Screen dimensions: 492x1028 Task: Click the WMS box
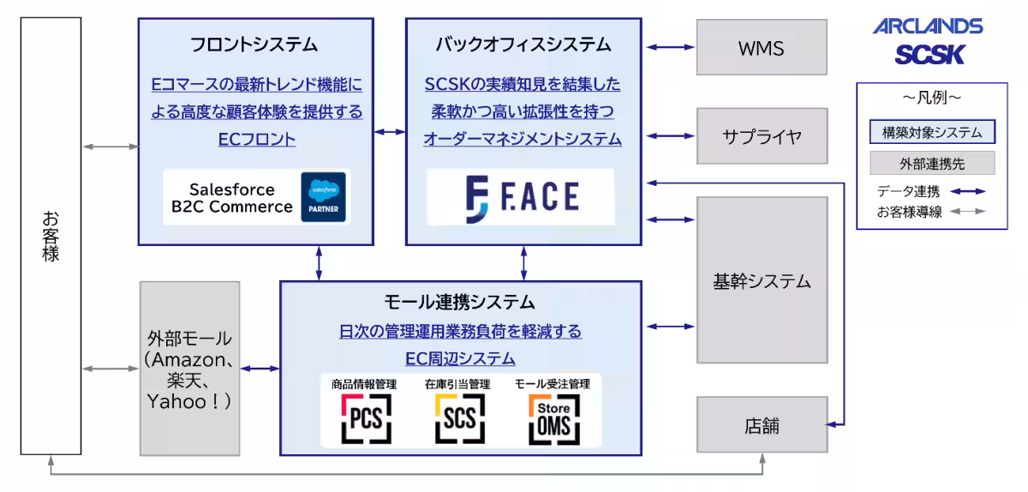[x=762, y=48]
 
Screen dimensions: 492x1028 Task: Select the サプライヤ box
[x=762, y=136]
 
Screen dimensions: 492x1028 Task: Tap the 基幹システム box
[x=762, y=280]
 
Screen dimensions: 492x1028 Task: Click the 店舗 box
[x=762, y=425]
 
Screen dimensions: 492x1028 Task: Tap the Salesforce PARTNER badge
[x=324, y=198]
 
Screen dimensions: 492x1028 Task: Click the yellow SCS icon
[x=460, y=418]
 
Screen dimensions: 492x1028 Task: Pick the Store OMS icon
[x=554, y=418]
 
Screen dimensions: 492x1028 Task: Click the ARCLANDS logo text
[x=928, y=27]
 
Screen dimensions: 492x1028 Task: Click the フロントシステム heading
[x=256, y=44]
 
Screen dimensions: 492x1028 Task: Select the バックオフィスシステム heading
[x=523, y=44]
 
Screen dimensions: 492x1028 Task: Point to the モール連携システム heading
[x=460, y=302]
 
